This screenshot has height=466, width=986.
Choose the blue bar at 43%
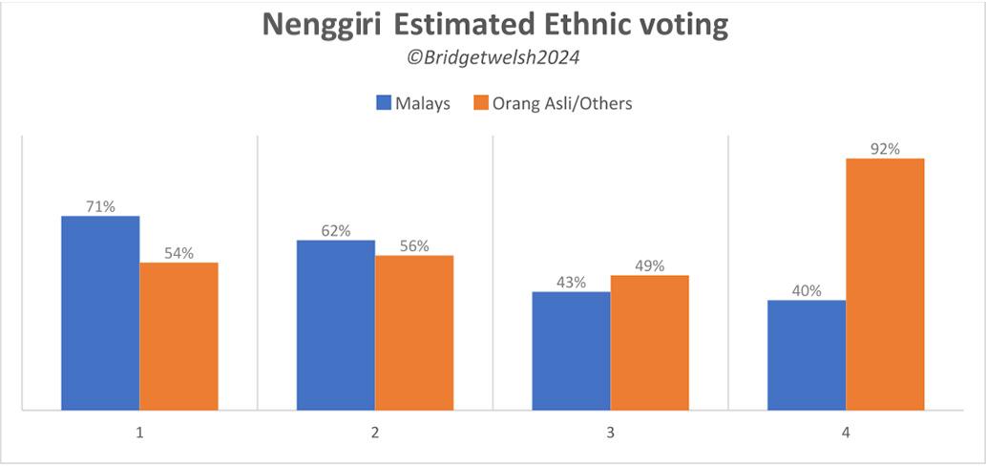point(571,350)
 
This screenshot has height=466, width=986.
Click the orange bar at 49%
point(649,343)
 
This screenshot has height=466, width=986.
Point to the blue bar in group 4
point(806,355)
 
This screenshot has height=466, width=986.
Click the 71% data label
point(100,206)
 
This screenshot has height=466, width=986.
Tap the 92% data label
point(885,148)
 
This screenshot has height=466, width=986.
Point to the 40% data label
point(806,290)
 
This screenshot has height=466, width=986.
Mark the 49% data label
point(649,265)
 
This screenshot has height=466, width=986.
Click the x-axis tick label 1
point(139,433)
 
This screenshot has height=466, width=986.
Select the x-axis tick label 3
point(610,433)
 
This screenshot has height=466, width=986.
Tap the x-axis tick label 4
point(846,433)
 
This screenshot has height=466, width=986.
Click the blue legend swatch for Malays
point(385,103)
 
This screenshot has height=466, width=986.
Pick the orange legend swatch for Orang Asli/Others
point(482,103)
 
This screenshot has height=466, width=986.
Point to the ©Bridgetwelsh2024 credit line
point(493,58)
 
